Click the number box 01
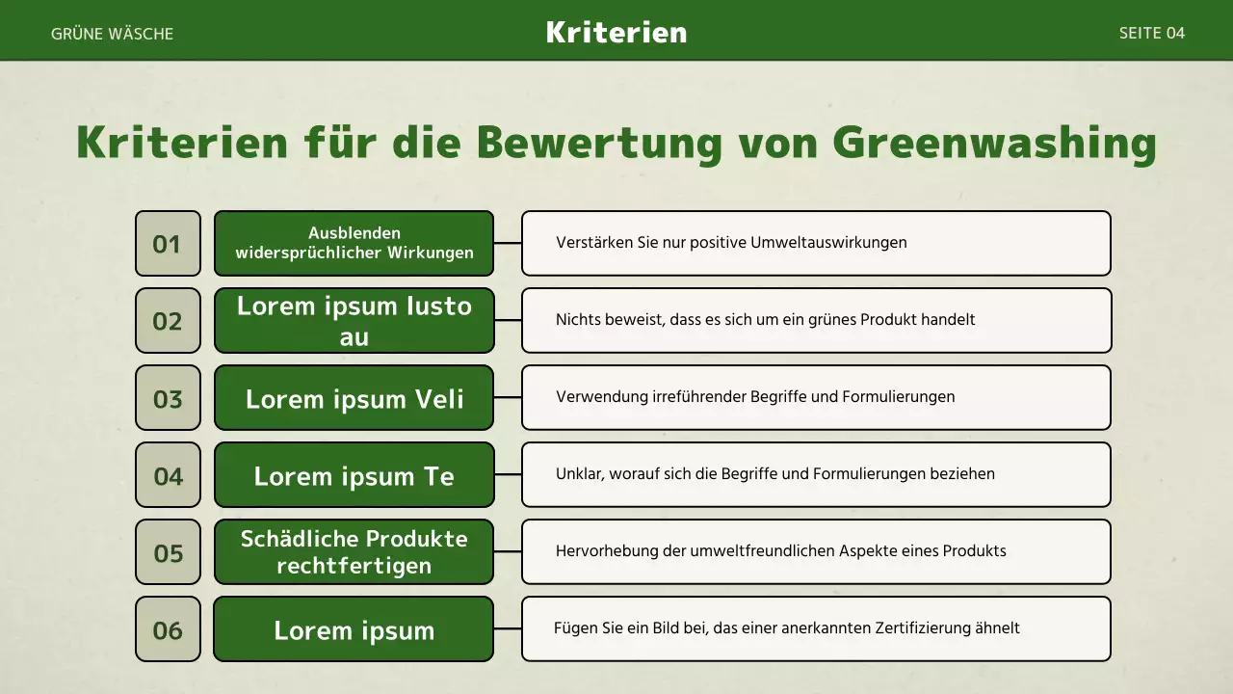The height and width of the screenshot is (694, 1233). click(168, 244)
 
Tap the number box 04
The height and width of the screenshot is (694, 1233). click(168, 475)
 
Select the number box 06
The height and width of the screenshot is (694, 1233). click(168, 629)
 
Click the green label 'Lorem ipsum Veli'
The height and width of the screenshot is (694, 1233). click(354, 398)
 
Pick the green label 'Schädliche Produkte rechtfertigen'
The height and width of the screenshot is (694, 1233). click(354, 552)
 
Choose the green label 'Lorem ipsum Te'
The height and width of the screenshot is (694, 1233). click(354, 475)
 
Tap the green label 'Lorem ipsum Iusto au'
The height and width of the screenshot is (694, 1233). click(354, 321)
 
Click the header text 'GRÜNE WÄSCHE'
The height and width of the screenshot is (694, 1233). click(112, 34)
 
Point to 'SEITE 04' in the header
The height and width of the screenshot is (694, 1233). click(1151, 33)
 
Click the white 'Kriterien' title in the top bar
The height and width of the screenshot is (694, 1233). click(616, 32)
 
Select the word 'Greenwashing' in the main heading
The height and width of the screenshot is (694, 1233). click(994, 143)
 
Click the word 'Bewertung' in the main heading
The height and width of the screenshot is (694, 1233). click(599, 143)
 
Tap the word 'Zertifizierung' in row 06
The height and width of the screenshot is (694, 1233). click(933, 628)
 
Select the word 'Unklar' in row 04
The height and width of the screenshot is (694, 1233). click(577, 474)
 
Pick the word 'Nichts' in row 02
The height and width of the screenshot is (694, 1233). click(577, 320)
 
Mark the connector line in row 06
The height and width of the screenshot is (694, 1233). click(508, 628)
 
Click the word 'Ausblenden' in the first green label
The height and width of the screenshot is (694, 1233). click(354, 233)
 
